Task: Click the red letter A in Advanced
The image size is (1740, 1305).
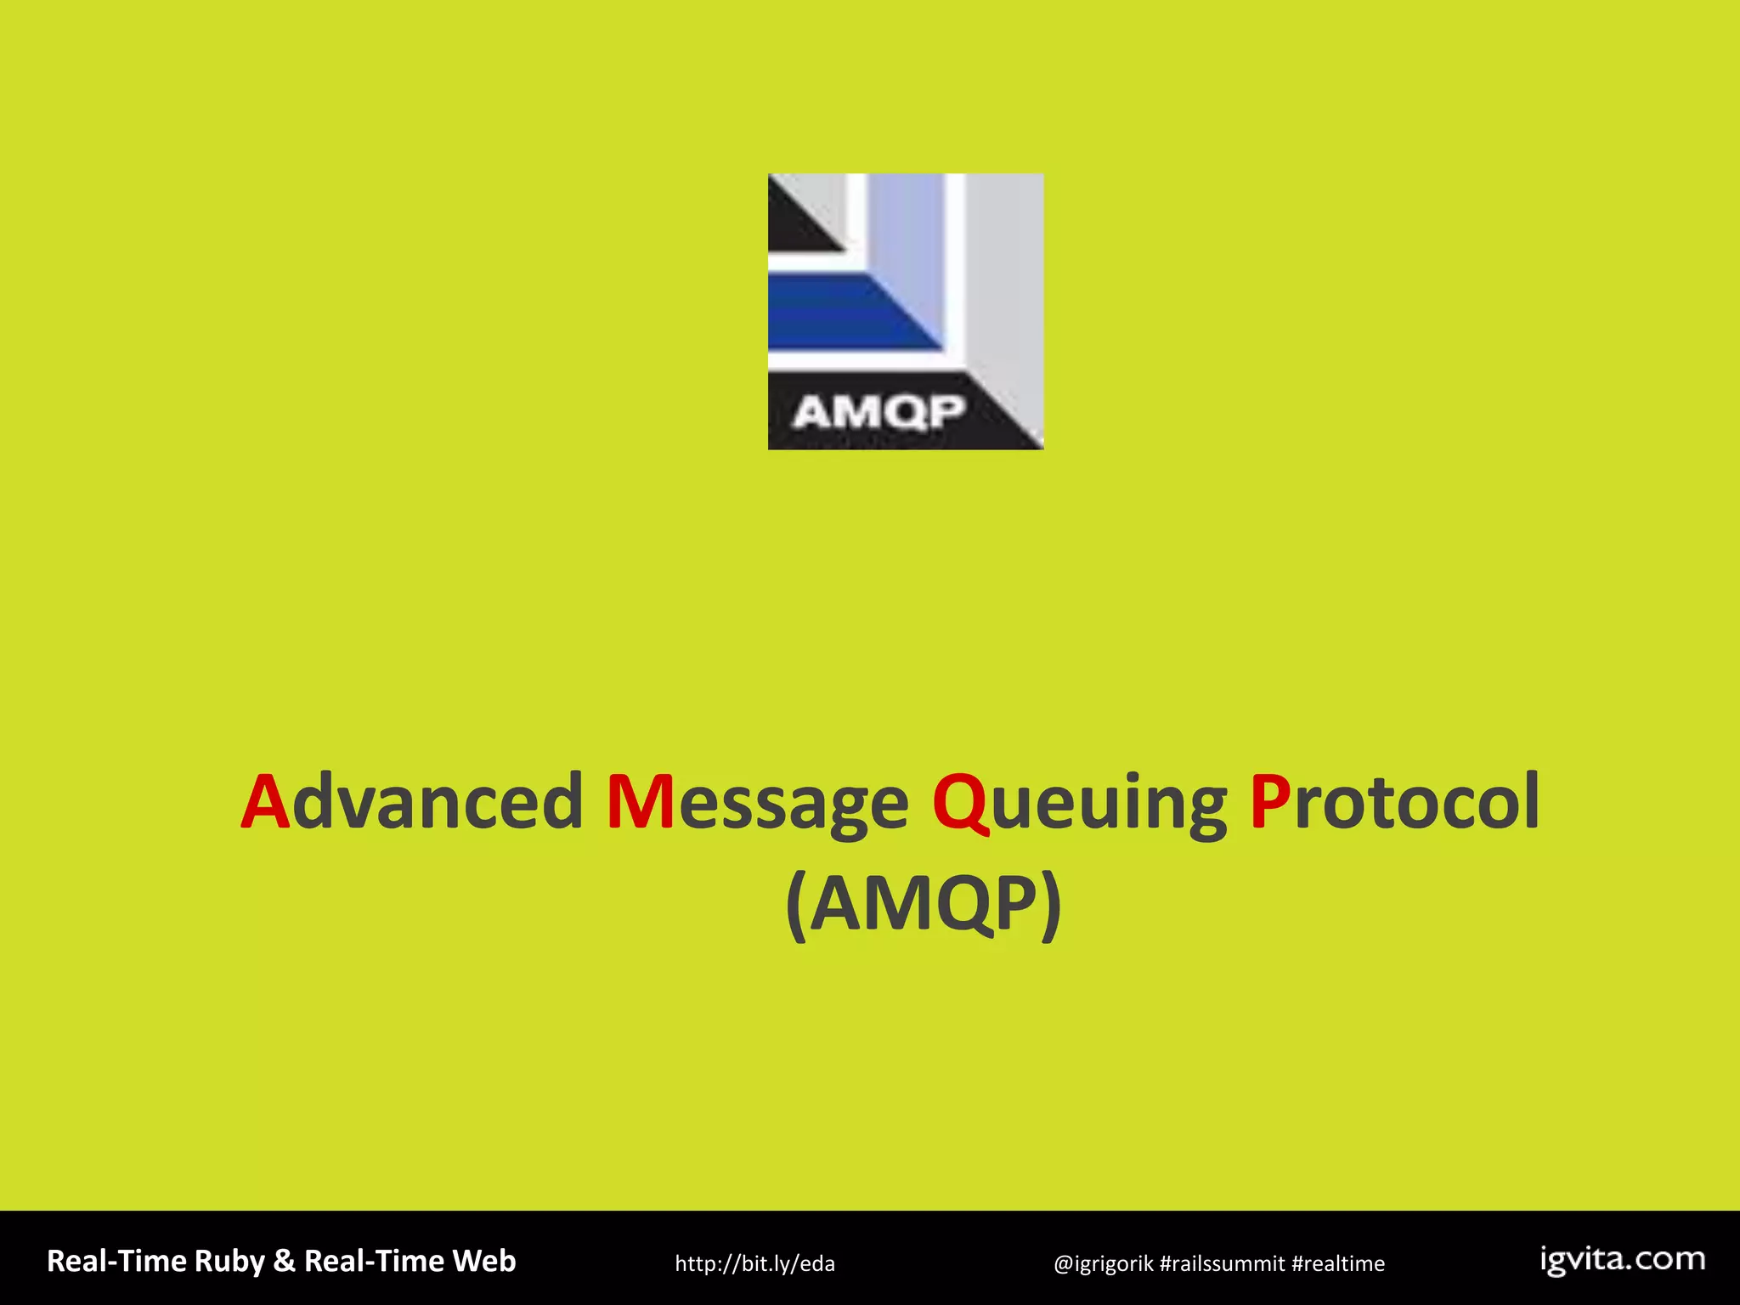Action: [266, 803]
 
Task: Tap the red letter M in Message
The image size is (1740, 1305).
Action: [641, 803]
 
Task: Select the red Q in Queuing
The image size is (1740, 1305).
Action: [961, 803]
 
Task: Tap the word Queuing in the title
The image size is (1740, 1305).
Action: [1080, 803]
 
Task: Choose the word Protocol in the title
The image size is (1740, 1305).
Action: [1394, 803]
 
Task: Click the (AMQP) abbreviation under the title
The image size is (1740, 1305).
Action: [924, 905]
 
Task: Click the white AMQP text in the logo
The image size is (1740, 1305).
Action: [879, 414]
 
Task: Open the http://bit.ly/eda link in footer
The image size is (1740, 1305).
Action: [754, 1264]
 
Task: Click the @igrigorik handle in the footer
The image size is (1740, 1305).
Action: [1103, 1264]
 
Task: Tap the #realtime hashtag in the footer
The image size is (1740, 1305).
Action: [1338, 1264]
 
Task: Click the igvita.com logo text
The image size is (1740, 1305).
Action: [1623, 1260]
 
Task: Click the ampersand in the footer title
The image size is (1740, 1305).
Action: [284, 1262]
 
